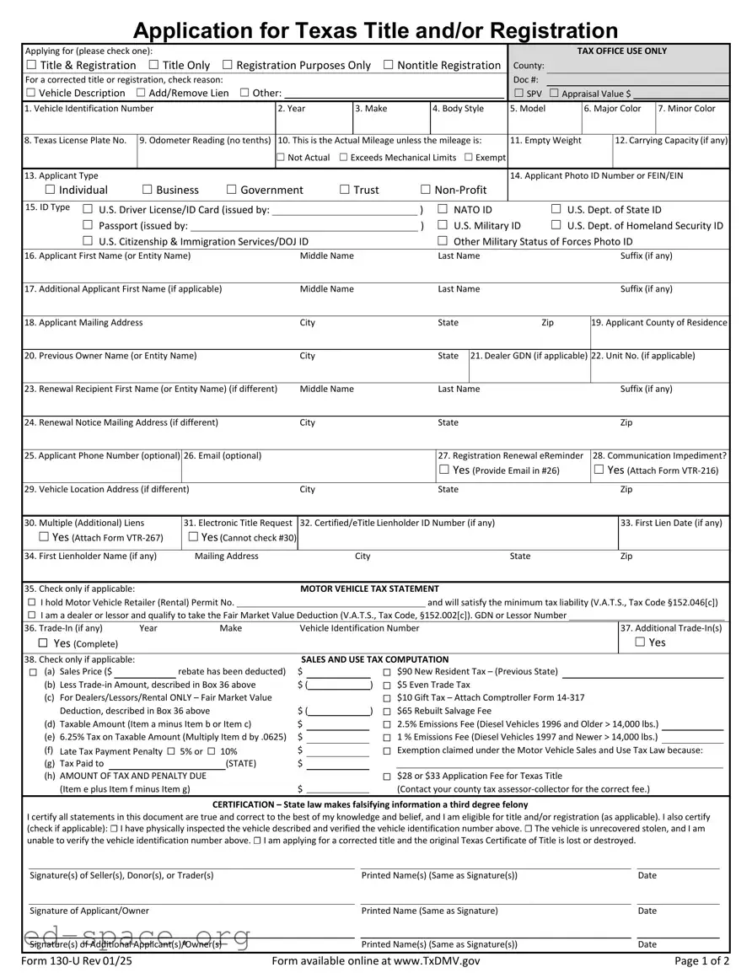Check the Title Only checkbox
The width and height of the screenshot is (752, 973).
click(x=153, y=66)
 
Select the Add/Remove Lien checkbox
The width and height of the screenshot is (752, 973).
click(x=140, y=93)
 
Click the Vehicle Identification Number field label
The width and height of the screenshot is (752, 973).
click(x=89, y=109)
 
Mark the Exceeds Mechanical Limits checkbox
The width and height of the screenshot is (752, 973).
click(x=343, y=158)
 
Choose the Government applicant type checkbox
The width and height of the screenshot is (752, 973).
click(x=232, y=190)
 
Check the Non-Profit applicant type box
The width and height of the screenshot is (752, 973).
click(x=426, y=190)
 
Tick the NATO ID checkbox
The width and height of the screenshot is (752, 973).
click(x=443, y=209)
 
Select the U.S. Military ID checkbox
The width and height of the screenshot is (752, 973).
click(x=443, y=225)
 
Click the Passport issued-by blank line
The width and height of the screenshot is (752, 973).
click(x=303, y=226)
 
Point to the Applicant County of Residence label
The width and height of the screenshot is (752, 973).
click(x=659, y=323)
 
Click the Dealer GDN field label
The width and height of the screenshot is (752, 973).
click(x=529, y=356)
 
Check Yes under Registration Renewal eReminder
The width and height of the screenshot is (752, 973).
click(x=443, y=470)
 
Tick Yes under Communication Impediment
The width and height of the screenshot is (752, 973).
click(x=599, y=470)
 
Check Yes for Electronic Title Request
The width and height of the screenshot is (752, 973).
click(x=194, y=537)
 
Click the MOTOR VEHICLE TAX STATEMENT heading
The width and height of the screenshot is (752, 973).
click(x=369, y=589)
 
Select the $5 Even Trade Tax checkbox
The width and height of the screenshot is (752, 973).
click(x=387, y=685)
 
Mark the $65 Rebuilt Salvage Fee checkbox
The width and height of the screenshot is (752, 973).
click(x=387, y=711)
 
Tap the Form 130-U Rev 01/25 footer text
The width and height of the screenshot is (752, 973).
click(x=77, y=960)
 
